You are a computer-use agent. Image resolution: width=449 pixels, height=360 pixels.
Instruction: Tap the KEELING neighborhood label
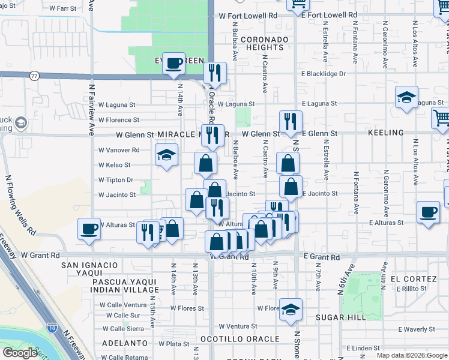[x=388, y=133]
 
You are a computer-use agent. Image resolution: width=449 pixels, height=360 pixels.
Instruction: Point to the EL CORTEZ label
[x=413, y=279]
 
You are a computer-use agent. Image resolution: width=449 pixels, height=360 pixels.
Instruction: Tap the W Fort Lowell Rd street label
[x=248, y=16]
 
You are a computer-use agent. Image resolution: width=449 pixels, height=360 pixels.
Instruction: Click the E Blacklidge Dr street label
[x=324, y=74]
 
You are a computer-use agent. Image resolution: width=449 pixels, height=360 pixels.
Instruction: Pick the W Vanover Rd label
[x=119, y=150]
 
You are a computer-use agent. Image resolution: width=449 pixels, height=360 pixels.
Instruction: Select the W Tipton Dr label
[x=116, y=180]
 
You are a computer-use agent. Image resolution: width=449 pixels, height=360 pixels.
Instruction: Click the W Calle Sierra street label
[x=122, y=329]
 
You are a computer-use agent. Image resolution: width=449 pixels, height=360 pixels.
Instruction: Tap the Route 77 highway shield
[x=34, y=76]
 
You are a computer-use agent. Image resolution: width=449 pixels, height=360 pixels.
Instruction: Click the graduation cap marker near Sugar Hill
[x=291, y=309]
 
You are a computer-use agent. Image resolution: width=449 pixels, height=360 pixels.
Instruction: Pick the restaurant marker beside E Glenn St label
[x=289, y=122]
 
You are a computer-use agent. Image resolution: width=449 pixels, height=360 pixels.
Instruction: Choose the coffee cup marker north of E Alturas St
[x=429, y=212]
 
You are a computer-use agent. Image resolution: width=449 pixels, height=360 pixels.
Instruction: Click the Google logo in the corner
[x=19, y=353]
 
